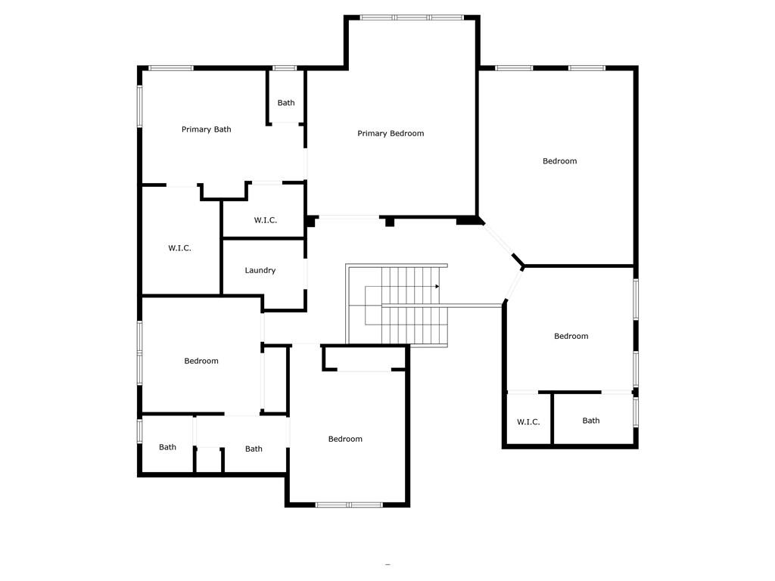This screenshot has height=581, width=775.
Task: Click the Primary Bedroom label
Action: tap(391, 134)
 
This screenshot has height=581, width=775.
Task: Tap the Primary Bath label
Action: tap(206, 129)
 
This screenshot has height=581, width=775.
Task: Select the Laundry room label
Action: tap(260, 271)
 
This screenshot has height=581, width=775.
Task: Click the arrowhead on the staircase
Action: tap(437, 287)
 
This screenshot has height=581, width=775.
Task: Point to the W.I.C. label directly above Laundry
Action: tap(265, 220)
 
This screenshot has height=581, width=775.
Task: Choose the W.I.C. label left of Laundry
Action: tap(179, 248)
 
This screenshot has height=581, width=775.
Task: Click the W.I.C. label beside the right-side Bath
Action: tap(528, 422)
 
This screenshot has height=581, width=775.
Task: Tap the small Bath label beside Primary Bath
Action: tap(285, 103)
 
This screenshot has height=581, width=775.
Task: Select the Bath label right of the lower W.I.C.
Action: tap(590, 421)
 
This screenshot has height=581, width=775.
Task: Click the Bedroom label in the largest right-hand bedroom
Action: tap(559, 161)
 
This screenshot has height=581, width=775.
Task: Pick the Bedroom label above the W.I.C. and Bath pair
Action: tap(571, 337)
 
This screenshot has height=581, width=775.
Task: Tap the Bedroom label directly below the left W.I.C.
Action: tap(201, 361)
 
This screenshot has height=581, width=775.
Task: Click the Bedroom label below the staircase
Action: tap(344, 439)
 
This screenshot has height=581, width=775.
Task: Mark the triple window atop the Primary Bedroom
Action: tap(412, 17)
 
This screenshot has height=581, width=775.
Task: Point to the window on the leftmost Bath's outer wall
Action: tap(140, 430)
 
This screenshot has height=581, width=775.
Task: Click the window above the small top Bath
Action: tap(285, 68)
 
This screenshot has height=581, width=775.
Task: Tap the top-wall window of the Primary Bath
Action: tap(171, 68)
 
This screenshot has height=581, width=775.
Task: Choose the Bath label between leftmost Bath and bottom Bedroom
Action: tap(254, 449)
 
